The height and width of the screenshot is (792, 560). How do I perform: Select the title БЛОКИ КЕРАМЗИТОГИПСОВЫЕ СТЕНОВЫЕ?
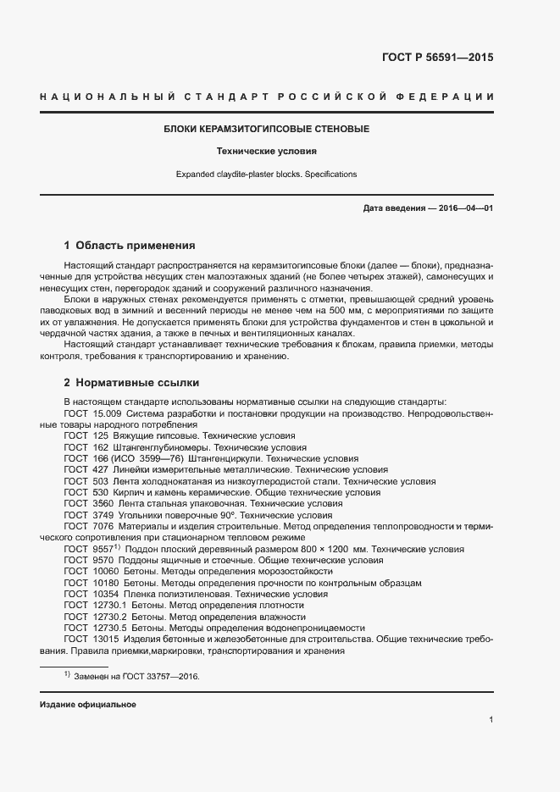[x=267, y=130]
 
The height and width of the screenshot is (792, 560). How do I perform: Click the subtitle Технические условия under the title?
[x=267, y=152]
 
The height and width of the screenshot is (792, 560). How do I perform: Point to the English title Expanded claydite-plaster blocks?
[x=267, y=174]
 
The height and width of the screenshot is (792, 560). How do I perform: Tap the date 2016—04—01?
[x=465, y=208]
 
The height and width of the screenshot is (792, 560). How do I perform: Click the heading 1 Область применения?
[x=130, y=246]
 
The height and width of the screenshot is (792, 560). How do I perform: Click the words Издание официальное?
[x=87, y=705]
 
